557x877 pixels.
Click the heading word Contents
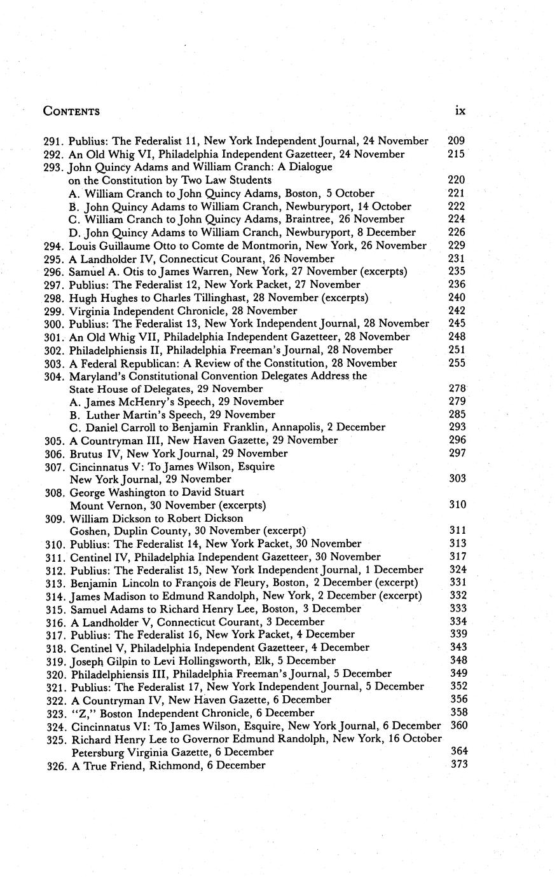point(71,112)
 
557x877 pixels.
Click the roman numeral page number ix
point(460,111)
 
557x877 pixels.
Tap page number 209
point(457,140)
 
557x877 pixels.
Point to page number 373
point(459,765)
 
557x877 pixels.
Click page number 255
point(457,363)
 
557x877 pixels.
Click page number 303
point(458,479)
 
